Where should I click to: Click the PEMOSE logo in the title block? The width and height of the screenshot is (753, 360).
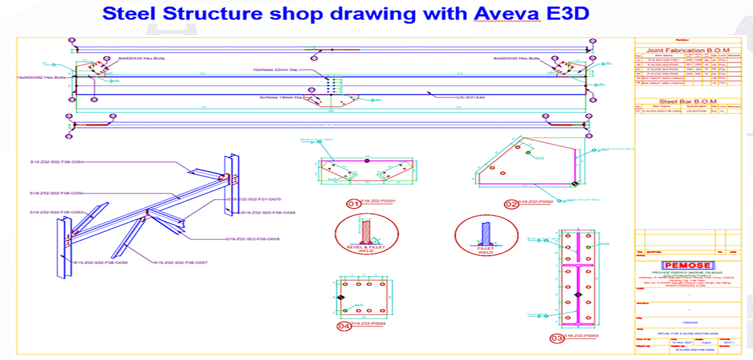688,265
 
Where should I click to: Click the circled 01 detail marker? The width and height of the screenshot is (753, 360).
353,204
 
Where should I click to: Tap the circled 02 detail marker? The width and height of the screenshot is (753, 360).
511,204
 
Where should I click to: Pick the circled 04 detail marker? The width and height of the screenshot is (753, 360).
344,326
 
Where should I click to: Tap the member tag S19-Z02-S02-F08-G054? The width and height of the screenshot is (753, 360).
56,161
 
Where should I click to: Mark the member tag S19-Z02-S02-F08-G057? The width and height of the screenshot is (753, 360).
181,263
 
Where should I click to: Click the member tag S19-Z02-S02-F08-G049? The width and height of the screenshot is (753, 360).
268,213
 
